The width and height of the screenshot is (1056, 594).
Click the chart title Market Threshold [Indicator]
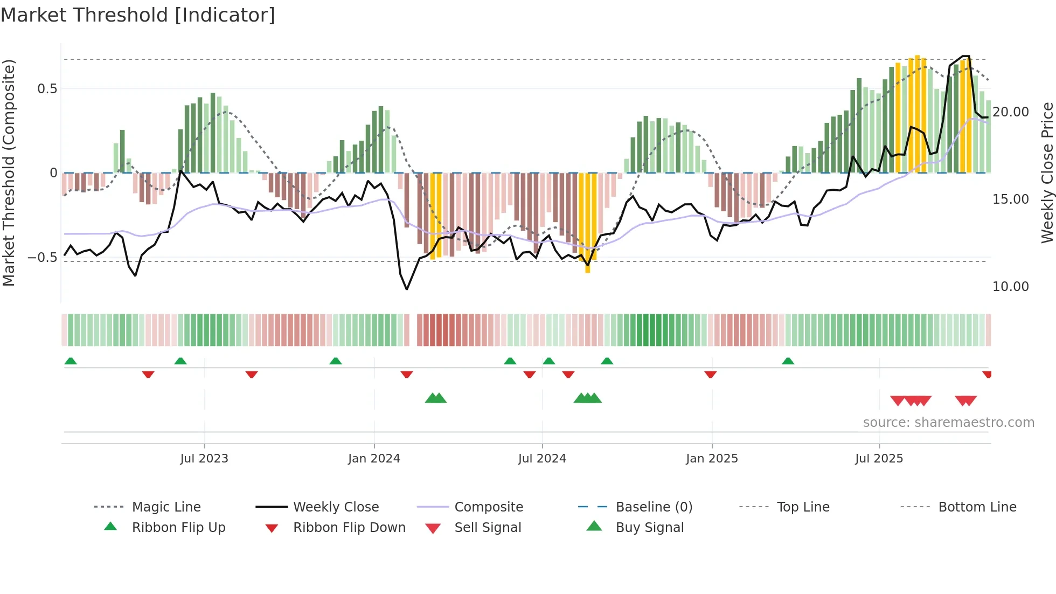138,15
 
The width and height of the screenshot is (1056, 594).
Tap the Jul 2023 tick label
204,459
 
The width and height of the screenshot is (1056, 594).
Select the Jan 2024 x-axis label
374,459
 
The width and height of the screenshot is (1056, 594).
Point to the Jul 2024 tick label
542,459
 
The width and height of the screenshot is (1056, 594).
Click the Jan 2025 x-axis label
712,459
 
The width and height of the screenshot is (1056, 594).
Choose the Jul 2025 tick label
879,459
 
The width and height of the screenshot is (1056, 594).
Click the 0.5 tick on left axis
47,89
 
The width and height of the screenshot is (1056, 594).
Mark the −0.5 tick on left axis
43,258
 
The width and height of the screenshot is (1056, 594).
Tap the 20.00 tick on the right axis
1011,112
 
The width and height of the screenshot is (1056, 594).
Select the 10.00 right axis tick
1011,287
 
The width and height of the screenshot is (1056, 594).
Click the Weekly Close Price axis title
1047,172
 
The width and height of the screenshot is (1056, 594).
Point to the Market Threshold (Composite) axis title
9,172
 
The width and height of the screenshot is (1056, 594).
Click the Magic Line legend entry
166,507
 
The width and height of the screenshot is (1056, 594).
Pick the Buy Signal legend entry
649,528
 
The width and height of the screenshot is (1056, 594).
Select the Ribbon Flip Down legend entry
349,528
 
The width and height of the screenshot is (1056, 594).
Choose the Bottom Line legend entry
977,507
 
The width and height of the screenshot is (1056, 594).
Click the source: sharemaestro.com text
948,423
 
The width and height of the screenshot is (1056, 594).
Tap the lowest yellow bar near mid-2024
588,270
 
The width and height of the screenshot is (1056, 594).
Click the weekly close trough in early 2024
407,289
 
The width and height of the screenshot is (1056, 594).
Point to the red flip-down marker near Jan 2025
711,374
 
